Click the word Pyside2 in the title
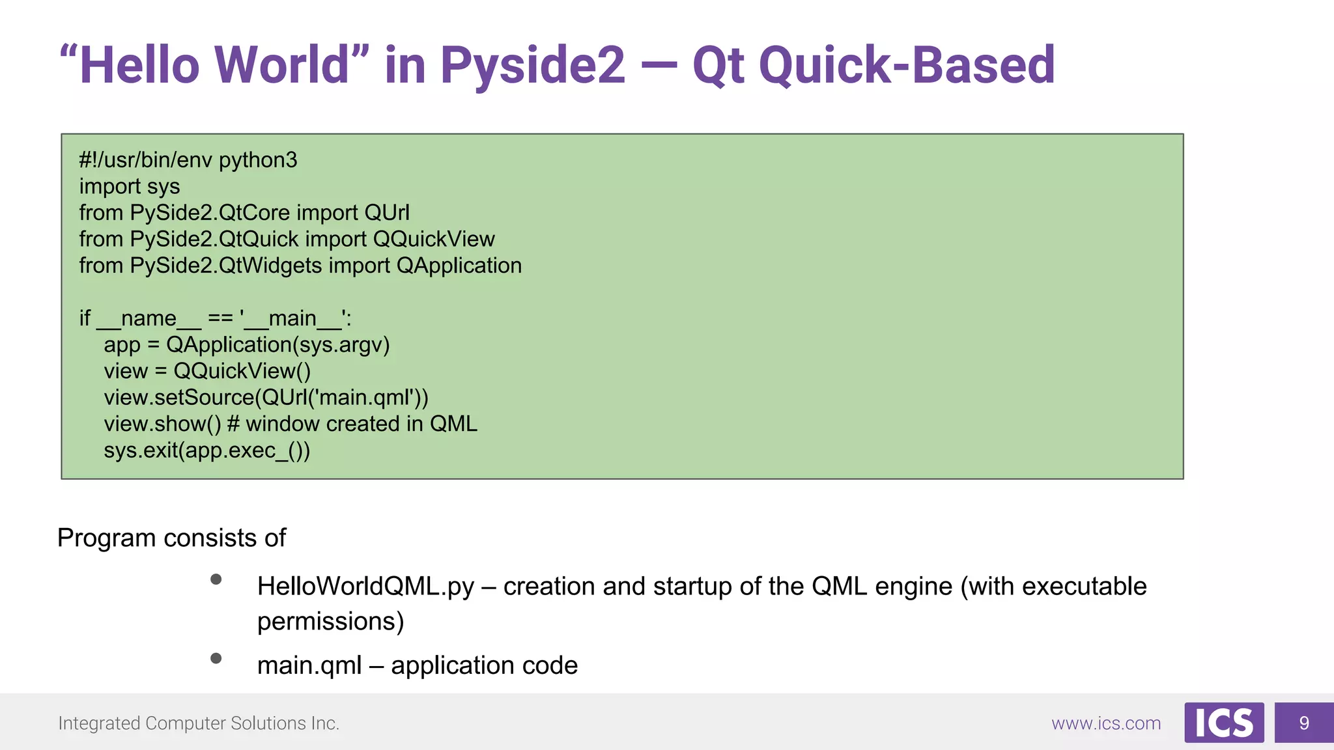(x=532, y=65)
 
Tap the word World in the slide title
(x=283, y=65)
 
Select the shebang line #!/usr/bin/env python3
(x=188, y=160)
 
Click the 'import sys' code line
(x=130, y=187)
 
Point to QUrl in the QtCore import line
(x=387, y=213)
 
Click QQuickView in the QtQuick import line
(x=434, y=240)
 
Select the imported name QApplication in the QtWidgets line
(x=459, y=266)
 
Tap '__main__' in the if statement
(x=292, y=319)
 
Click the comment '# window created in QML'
(x=352, y=424)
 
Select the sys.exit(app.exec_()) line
(x=207, y=451)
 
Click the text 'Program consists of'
(x=171, y=538)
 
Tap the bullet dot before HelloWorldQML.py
(x=216, y=579)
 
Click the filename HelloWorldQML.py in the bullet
(x=365, y=587)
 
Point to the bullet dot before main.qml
(x=216, y=658)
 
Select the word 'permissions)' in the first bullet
(x=330, y=622)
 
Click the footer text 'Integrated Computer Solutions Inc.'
(x=199, y=723)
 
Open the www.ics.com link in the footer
(x=1106, y=723)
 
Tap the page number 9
(x=1304, y=723)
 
